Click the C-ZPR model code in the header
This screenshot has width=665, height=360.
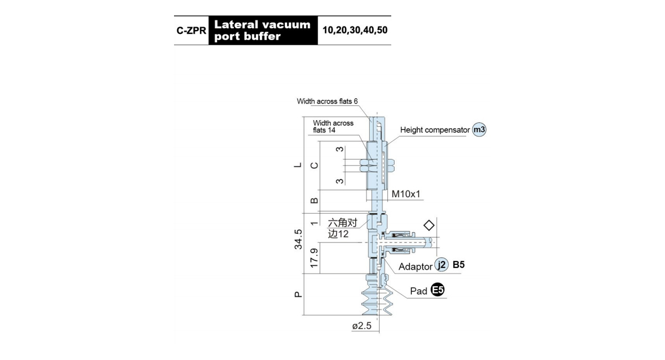click(191, 30)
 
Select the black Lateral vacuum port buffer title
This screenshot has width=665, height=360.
click(263, 30)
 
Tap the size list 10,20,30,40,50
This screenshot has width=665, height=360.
click(355, 30)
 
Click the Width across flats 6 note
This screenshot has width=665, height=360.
click(327, 101)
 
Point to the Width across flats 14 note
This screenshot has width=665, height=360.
click(333, 126)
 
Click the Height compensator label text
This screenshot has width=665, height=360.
click(435, 130)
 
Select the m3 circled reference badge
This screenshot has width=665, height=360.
click(479, 130)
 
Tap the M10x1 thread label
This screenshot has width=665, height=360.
click(406, 194)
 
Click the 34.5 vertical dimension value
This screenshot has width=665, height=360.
click(298, 239)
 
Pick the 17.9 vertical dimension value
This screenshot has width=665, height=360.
click(314, 258)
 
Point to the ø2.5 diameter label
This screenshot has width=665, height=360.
click(361, 326)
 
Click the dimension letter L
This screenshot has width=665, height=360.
click(298, 165)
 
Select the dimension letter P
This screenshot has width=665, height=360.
click(298, 295)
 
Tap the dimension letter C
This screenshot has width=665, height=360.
click(314, 166)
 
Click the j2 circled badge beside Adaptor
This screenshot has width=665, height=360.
click(442, 264)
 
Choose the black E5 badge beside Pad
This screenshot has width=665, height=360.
click(438, 290)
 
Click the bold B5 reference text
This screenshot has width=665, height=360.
click(458, 265)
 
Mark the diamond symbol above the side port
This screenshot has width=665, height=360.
click(429, 225)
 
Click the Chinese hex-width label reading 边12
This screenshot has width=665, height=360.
click(338, 234)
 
